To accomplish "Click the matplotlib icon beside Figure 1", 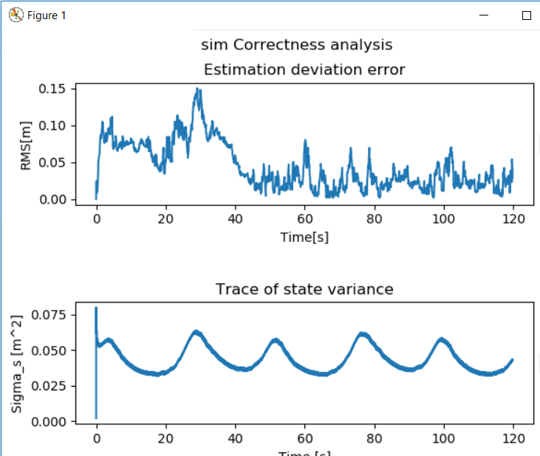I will coord(16,15).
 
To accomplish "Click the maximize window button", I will coord(527,15).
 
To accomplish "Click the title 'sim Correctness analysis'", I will coord(296,45).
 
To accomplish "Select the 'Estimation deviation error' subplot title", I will coord(304,70).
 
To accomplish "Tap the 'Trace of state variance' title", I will coord(304,289).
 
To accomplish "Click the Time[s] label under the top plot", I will coord(304,237).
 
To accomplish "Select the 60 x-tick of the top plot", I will coord(304,218).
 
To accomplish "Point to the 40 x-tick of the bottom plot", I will coord(235,438).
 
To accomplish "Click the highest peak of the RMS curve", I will coord(197,89).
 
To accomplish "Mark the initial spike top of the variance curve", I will coord(96,308).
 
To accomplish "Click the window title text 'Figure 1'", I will coord(47,15).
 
